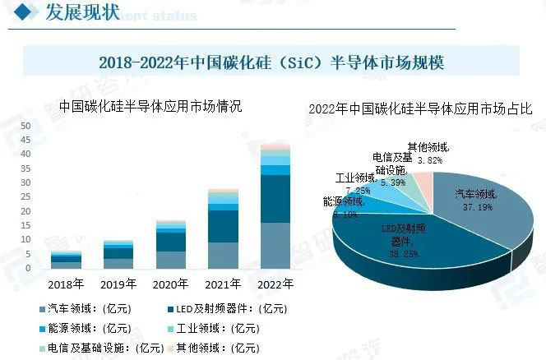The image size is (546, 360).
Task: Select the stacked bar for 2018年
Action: pos(66,260)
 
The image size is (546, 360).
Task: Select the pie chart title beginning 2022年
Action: pos(420,109)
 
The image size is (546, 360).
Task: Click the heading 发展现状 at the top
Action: pos(81,12)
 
